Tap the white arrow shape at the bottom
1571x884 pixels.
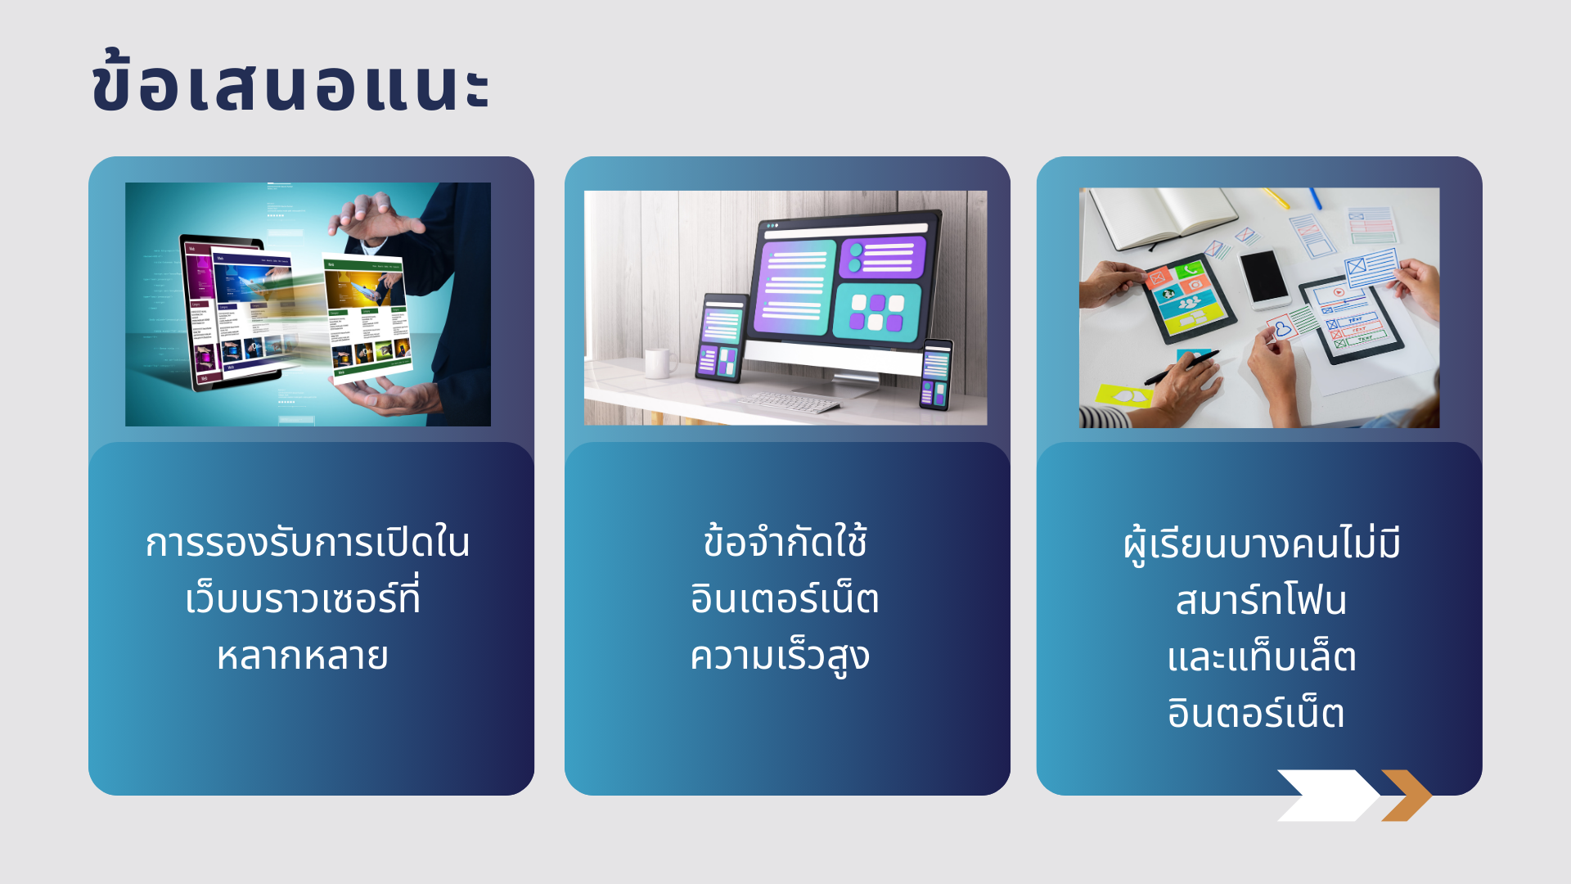pos(1327,795)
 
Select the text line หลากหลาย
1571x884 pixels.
pos(303,656)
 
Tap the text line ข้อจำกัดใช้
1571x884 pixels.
pos(785,541)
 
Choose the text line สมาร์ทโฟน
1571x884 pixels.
pos(1261,599)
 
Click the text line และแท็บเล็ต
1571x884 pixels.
pos(1261,656)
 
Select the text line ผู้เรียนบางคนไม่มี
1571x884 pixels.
pos(1261,544)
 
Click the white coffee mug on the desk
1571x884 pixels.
pos(659,363)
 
